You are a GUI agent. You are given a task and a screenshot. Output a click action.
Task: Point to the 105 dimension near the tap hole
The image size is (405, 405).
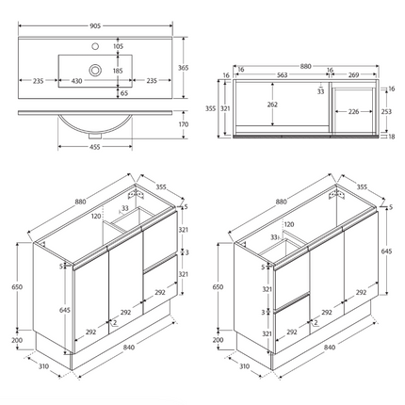(x=118, y=46)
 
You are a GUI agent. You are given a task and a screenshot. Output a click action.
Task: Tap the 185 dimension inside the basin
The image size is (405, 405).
(x=118, y=70)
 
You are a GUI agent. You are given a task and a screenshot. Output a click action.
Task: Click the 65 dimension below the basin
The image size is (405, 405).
(x=124, y=93)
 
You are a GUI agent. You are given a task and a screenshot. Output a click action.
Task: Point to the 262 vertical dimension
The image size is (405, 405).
(x=271, y=105)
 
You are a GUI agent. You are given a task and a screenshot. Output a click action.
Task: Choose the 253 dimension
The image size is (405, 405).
(x=386, y=110)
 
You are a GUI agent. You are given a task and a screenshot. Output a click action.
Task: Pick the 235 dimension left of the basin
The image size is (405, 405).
(x=39, y=82)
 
